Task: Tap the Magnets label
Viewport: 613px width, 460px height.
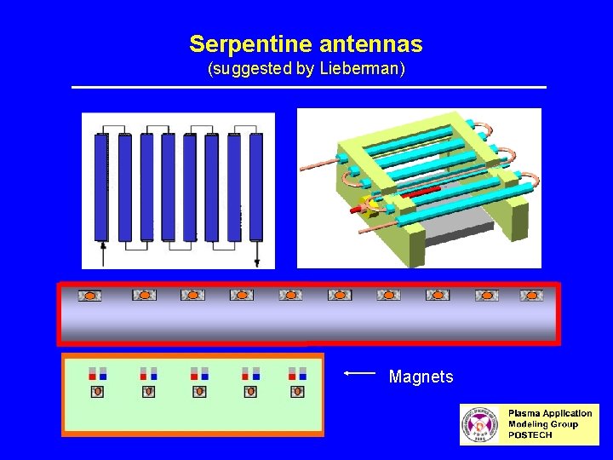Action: [x=421, y=377]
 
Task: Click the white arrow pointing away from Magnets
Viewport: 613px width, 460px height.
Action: [x=359, y=373]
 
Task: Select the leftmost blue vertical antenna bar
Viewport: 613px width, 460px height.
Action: [x=102, y=187]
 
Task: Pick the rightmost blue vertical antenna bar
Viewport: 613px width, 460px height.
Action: [x=255, y=187]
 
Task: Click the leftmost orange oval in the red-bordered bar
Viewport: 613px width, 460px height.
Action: [x=89, y=296]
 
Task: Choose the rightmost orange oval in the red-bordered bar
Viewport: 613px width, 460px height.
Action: [x=531, y=296]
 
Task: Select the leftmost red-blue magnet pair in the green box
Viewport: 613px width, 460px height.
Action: [x=97, y=374]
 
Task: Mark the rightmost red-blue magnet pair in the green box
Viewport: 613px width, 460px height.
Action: [x=297, y=374]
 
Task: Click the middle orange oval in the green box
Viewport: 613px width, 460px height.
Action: [x=199, y=392]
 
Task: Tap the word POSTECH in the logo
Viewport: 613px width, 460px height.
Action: [x=530, y=435]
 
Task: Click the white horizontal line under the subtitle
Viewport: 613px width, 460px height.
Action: [x=308, y=87]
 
